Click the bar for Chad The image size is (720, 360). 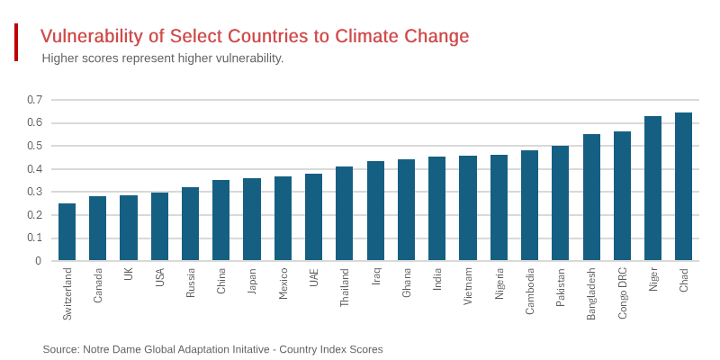coord(683,187)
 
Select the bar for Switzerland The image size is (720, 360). coord(67,232)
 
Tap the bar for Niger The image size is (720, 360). coord(652,189)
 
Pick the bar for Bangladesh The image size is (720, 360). coord(591,198)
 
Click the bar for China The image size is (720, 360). coord(220,220)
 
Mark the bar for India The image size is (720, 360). coord(436,209)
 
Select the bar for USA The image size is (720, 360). coord(159,227)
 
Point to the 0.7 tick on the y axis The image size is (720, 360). coord(34,100)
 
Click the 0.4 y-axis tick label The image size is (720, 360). coord(34,169)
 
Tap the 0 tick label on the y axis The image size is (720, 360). coord(38,261)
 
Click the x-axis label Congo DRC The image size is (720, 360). coord(623,292)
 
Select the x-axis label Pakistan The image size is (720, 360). coord(561,287)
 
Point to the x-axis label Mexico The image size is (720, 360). coord(283,283)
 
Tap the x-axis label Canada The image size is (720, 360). coord(98,285)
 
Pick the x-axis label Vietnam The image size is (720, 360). coord(468,286)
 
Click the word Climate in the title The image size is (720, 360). coord(364,37)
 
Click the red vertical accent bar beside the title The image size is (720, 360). coord(16,42)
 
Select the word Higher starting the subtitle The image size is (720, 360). coord(61,58)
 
